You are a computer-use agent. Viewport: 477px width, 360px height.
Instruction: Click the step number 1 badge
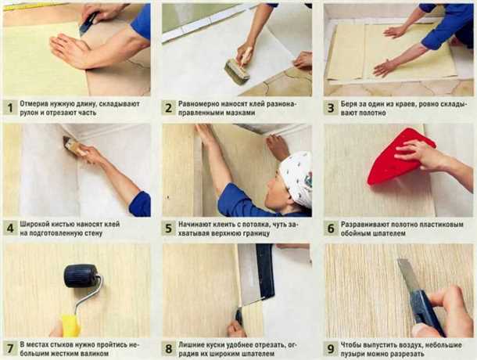tap(10, 108)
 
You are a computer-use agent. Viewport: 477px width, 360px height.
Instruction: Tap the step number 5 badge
tap(169, 229)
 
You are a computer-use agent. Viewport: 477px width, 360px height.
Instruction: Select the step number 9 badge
tap(331, 349)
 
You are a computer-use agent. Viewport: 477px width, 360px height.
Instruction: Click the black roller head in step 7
tap(81, 275)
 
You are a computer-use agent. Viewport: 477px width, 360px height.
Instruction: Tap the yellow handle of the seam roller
tap(70, 326)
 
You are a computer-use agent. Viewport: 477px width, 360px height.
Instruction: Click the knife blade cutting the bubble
tap(406, 276)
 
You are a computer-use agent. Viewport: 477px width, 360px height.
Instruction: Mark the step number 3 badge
tap(331, 108)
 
